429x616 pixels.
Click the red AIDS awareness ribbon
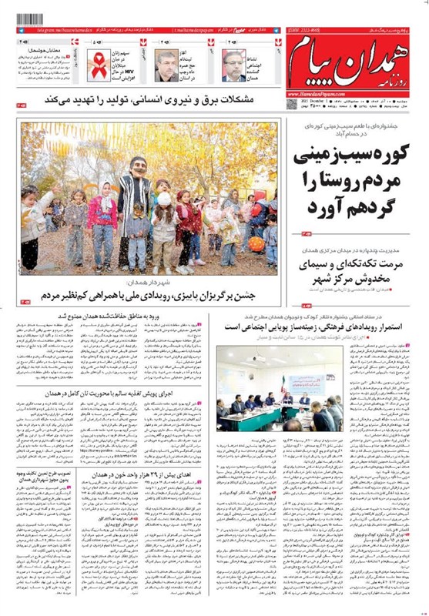pyautogui.click(x=99, y=65)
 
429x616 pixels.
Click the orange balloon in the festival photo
pyautogui.click(x=256, y=243)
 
